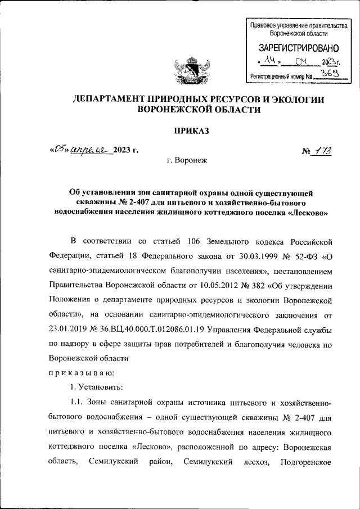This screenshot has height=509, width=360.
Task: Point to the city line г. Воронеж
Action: (x=187, y=161)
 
